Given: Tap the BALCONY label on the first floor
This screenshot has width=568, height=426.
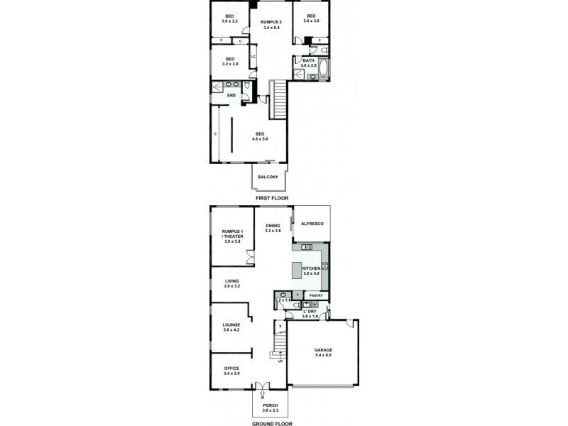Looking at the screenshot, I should (x=268, y=177).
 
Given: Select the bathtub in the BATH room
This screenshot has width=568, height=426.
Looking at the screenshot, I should (x=324, y=69).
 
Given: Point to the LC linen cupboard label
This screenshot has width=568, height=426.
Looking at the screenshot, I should (x=252, y=56).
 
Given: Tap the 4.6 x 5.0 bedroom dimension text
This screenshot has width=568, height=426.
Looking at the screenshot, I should (x=261, y=138).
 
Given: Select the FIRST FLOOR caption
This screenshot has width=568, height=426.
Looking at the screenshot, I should (x=269, y=200).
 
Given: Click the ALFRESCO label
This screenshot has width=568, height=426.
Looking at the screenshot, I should (x=312, y=224).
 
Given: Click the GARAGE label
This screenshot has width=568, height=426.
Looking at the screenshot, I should (x=324, y=351).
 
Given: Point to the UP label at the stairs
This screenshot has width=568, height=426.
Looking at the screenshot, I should (x=280, y=362).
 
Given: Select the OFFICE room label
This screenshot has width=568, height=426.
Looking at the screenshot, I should (x=231, y=368).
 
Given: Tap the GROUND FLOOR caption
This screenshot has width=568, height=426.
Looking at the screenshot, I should (x=269, y=423).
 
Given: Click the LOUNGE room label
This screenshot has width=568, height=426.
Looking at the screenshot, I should (x=231, y=327).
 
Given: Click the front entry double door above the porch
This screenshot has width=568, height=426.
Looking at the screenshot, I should (x=263, y=387).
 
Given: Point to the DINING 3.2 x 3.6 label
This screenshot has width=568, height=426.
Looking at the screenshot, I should (x=273, y=228).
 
